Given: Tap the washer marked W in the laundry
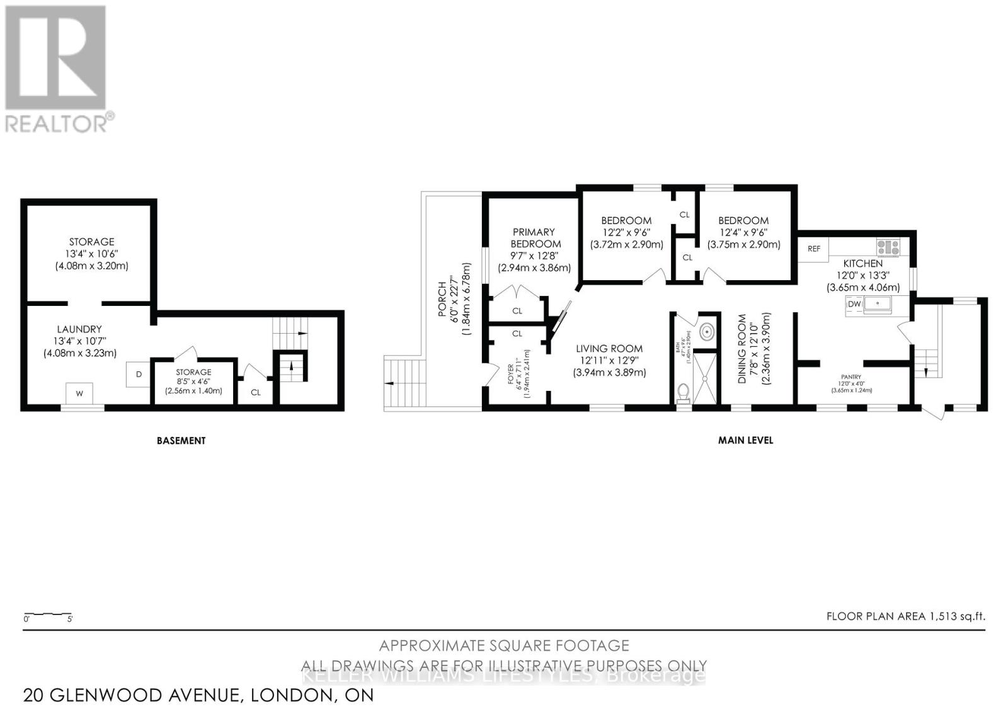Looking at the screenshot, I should click(x=80, y=394).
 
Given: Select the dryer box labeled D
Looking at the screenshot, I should click(x=139, y=374).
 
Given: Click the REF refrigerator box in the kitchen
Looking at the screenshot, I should click(x=814, y=249).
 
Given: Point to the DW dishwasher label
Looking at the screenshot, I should click(x=854, y=305).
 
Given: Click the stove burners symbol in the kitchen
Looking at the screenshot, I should click(x=888, y=247).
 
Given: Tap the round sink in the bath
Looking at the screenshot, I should click(x=706, y=331).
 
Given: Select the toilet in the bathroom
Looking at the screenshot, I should click(x=682, y=393).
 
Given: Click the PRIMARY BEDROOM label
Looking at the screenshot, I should click(x=534, y=238).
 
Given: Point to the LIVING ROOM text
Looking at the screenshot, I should click(x=609, y=349).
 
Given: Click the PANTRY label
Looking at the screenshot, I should click(x=851, y=376).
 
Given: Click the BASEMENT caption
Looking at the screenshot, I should click(x=181, y=441).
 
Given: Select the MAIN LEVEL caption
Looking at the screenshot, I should click(x=745, y=441).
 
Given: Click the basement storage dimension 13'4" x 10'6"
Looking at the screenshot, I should click(x=91, y=254).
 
